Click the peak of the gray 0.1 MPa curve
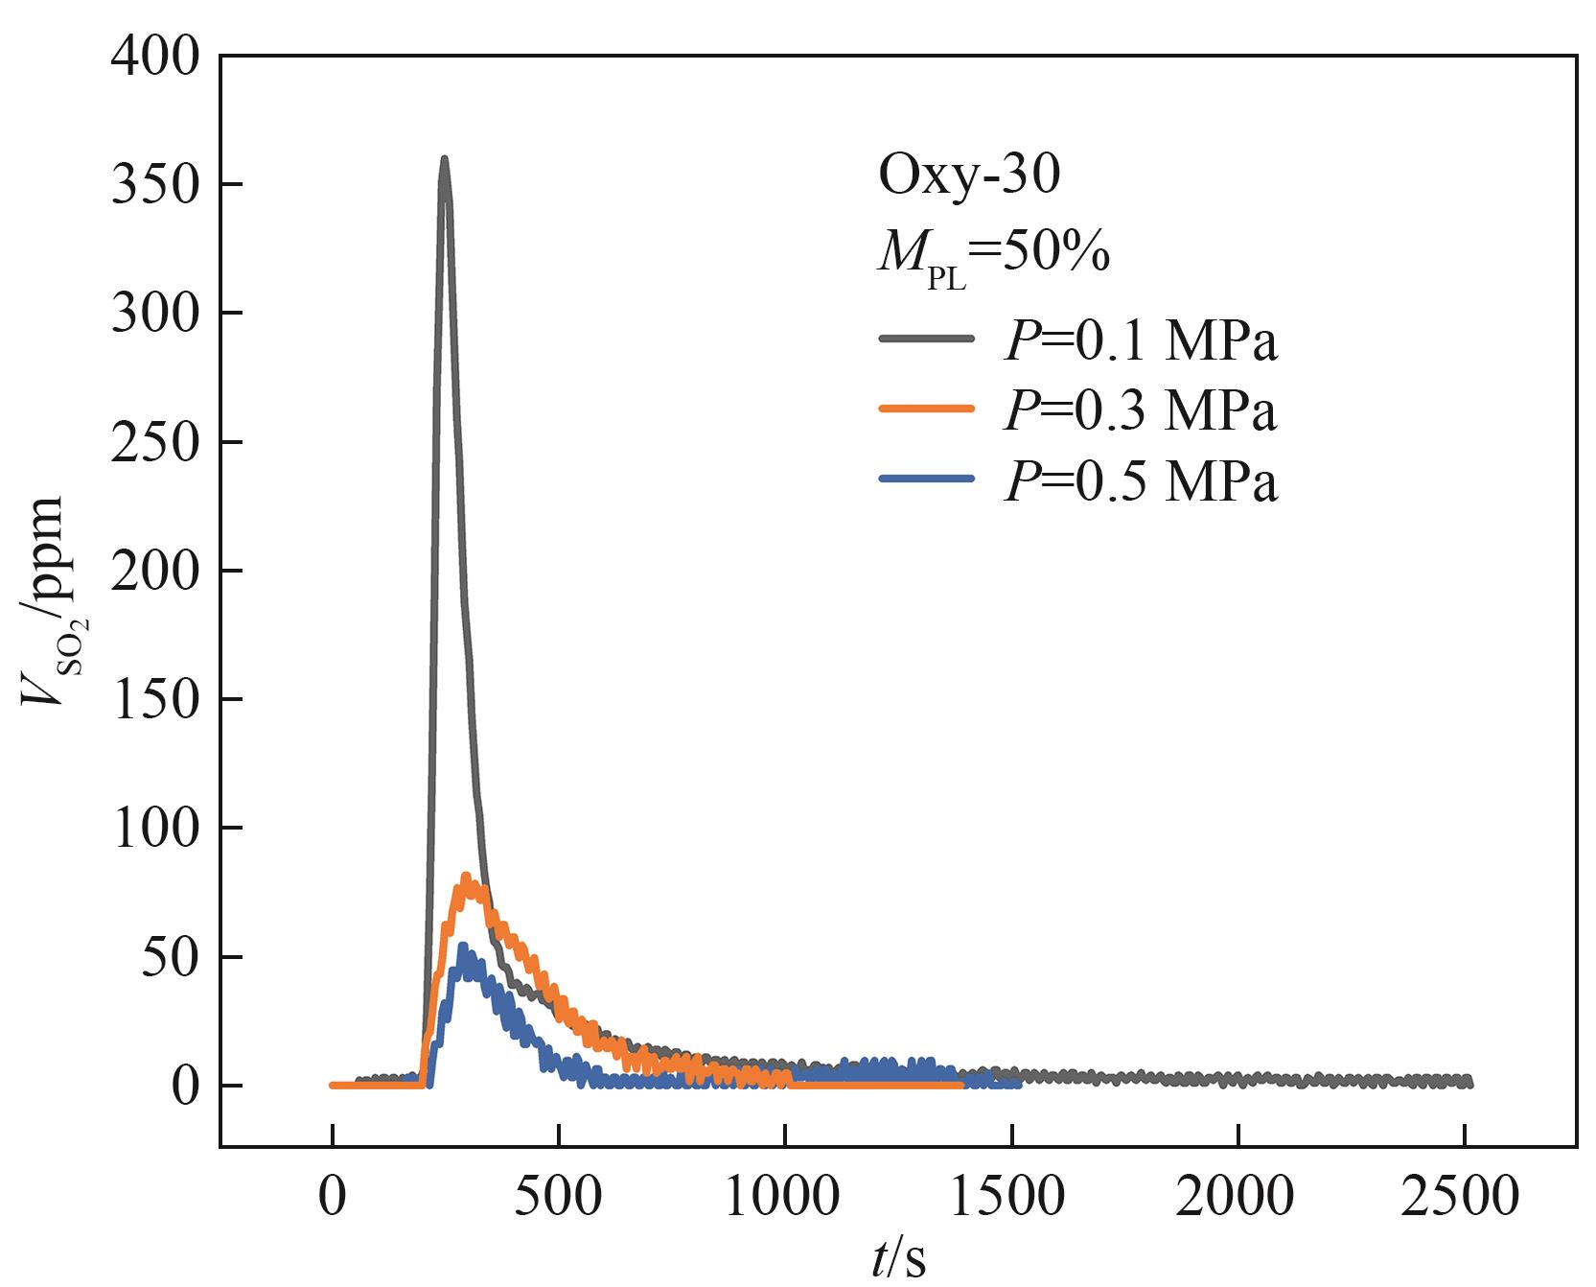click(444, 160)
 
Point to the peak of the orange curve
click(467, 877)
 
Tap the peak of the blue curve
click(462, 948)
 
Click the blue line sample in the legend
click(926, 479)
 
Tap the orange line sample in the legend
click(926, 409)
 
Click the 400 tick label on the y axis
click(155, 58)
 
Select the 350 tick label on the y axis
click(155, 185)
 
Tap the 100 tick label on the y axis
click(155, 828)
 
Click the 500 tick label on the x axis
click(558, 1197)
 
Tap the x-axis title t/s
click(898, 1260)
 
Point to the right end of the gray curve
click(1469, 1082)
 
